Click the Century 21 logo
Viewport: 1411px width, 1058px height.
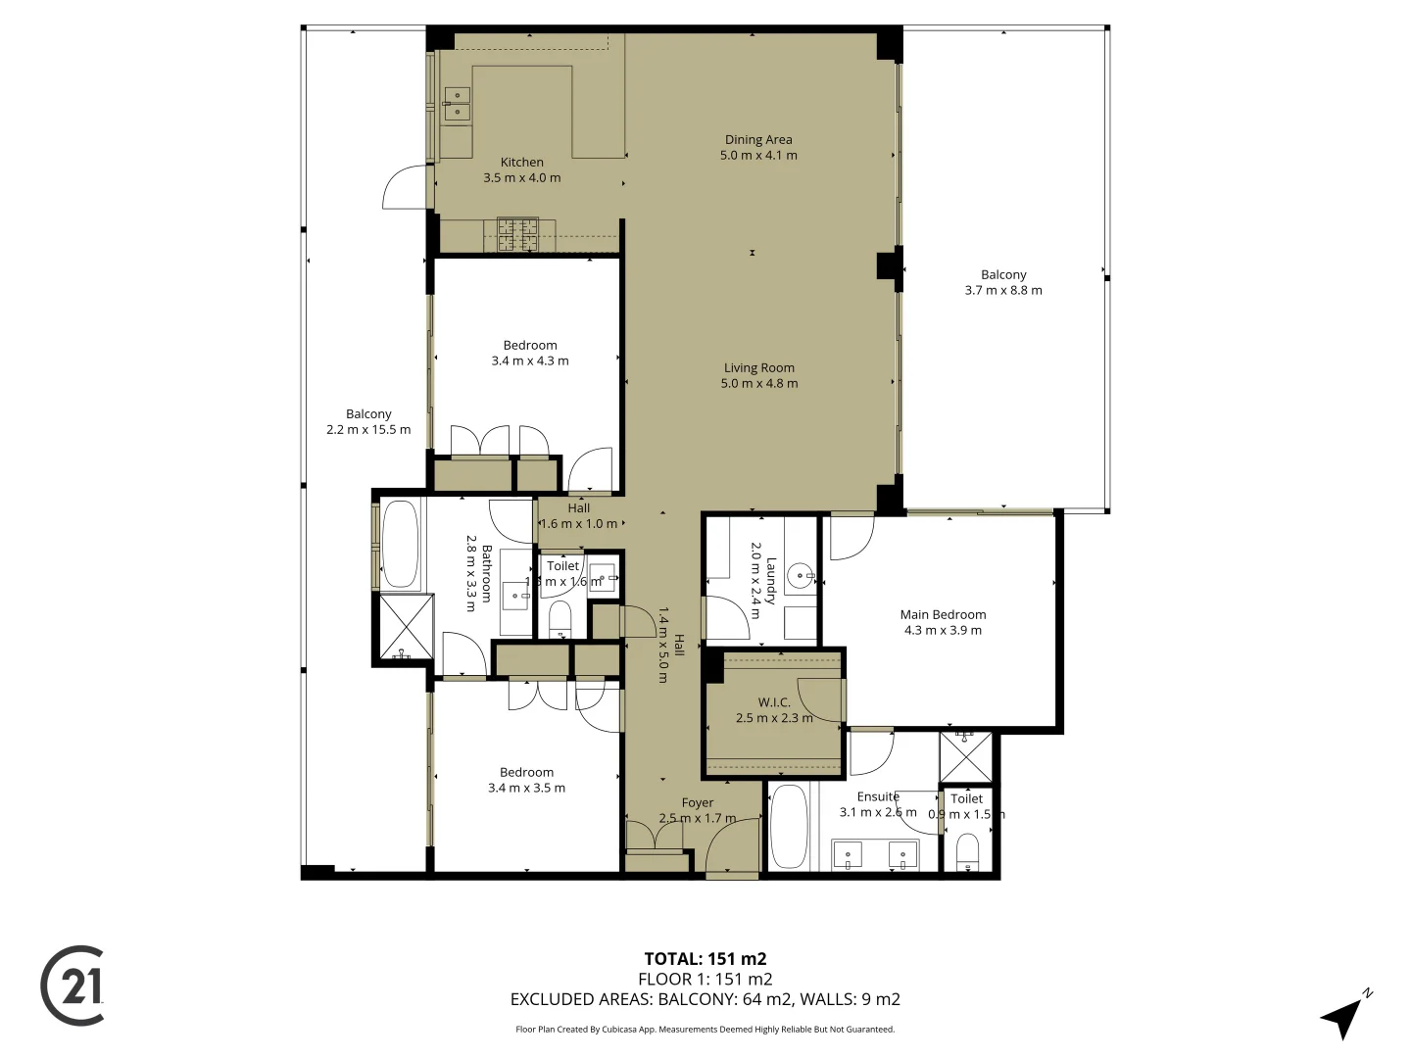(x=73, y=986)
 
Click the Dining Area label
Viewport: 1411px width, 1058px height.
(x=758, y=140)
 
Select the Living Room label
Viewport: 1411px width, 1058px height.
(x=759, y=368)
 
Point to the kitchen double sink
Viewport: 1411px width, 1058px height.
(x=457, y=104)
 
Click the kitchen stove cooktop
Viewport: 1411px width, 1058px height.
(x=517, y=234)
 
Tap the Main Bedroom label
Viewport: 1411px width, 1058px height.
(x=943, y=615)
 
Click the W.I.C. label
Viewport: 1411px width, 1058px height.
(x=774, y=702)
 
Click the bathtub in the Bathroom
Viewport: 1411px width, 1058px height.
(x=400, y=544)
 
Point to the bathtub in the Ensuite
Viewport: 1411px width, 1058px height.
(x=788, y=826)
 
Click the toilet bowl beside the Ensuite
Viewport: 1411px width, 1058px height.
(x=967, y=851)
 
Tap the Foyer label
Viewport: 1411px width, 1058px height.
(x=698, y=803)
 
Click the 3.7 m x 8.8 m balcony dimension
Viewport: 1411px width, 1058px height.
(x=1003, y=290)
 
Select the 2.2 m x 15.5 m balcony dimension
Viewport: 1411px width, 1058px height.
(x=368, y=429)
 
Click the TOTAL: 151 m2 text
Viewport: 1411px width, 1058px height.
(x=705, y=959)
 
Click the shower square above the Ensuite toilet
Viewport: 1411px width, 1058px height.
(x=965, y=757)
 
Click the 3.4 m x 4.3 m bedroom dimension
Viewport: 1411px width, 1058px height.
(x=530, y=361)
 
